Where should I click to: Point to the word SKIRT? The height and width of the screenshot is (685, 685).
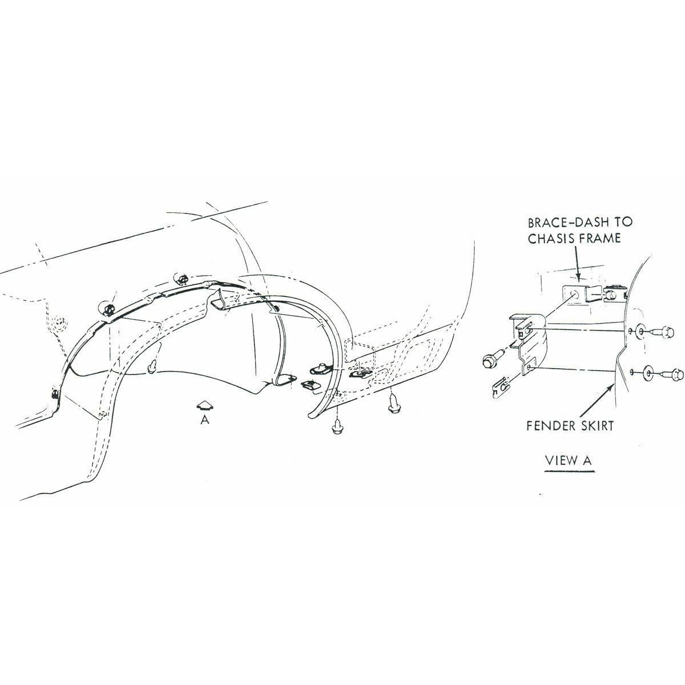click(597, 425)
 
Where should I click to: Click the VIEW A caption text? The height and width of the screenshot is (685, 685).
click(569, 460)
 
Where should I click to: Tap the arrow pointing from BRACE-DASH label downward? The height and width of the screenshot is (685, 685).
click(577, 263)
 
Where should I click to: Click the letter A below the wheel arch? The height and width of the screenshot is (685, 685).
click(205, 420)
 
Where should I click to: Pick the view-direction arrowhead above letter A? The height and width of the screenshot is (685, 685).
click(205, 406)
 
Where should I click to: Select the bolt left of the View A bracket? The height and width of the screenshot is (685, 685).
click(491, 360)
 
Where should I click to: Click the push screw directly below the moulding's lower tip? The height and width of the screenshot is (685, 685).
click(336, 428)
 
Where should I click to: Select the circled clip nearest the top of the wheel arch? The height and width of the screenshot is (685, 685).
click(182, 279)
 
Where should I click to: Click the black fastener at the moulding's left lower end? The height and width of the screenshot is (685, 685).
click(55, 394)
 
